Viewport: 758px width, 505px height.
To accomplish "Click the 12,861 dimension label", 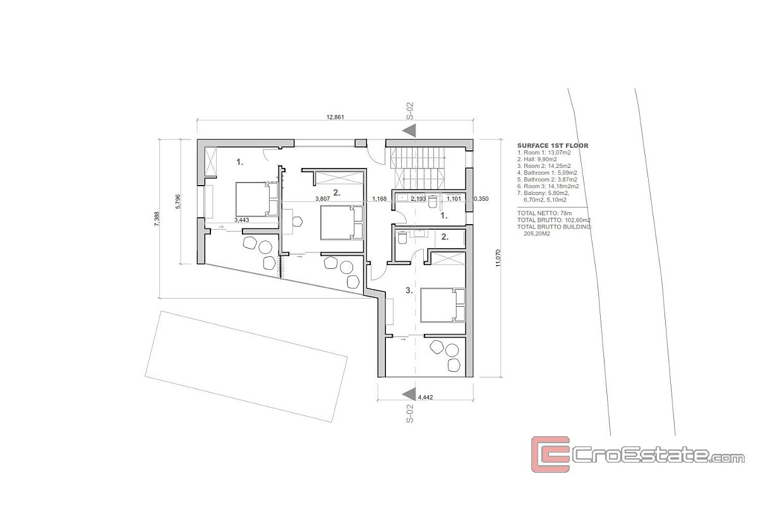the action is pyautogui.click(x=335, y=117).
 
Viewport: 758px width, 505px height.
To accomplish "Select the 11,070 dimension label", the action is pyautogui.click(x=498, y=258).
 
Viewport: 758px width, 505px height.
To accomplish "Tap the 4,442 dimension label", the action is pyautogui.click(x=425, y=398).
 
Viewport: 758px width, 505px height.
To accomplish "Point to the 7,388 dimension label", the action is pyautogui.click(x=157, y=219).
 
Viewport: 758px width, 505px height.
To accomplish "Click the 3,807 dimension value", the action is pyautogui.click(x=323, y=199).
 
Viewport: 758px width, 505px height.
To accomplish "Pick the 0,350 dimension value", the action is pyautogui.click(x=481, y=199).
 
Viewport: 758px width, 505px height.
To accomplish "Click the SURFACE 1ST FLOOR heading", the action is pyautogui.click(x=553, y=146).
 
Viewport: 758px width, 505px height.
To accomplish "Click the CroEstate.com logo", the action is pyautogui.click(x=637, y=454).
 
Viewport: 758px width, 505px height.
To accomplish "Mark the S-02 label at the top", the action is pyautogui.click(x=410, y=111).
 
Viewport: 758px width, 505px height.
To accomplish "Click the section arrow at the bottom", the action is pyautogui.click(x=409, y=395).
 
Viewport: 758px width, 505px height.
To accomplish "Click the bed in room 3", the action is pyautogui.click(x=443, y=305).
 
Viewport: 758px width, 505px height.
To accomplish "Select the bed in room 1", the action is pyautogui.click(x=257, y=199).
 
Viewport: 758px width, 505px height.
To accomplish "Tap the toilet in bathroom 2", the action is pyautogui.click(x=402, y=237).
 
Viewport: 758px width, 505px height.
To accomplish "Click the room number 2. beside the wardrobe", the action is pyautogui.click(x=337, y=193).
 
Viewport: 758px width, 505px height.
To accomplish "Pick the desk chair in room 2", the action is pyautogui.click(x=297, y=222).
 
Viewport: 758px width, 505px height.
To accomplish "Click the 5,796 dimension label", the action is pyautogui.click(x=178, y=201).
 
